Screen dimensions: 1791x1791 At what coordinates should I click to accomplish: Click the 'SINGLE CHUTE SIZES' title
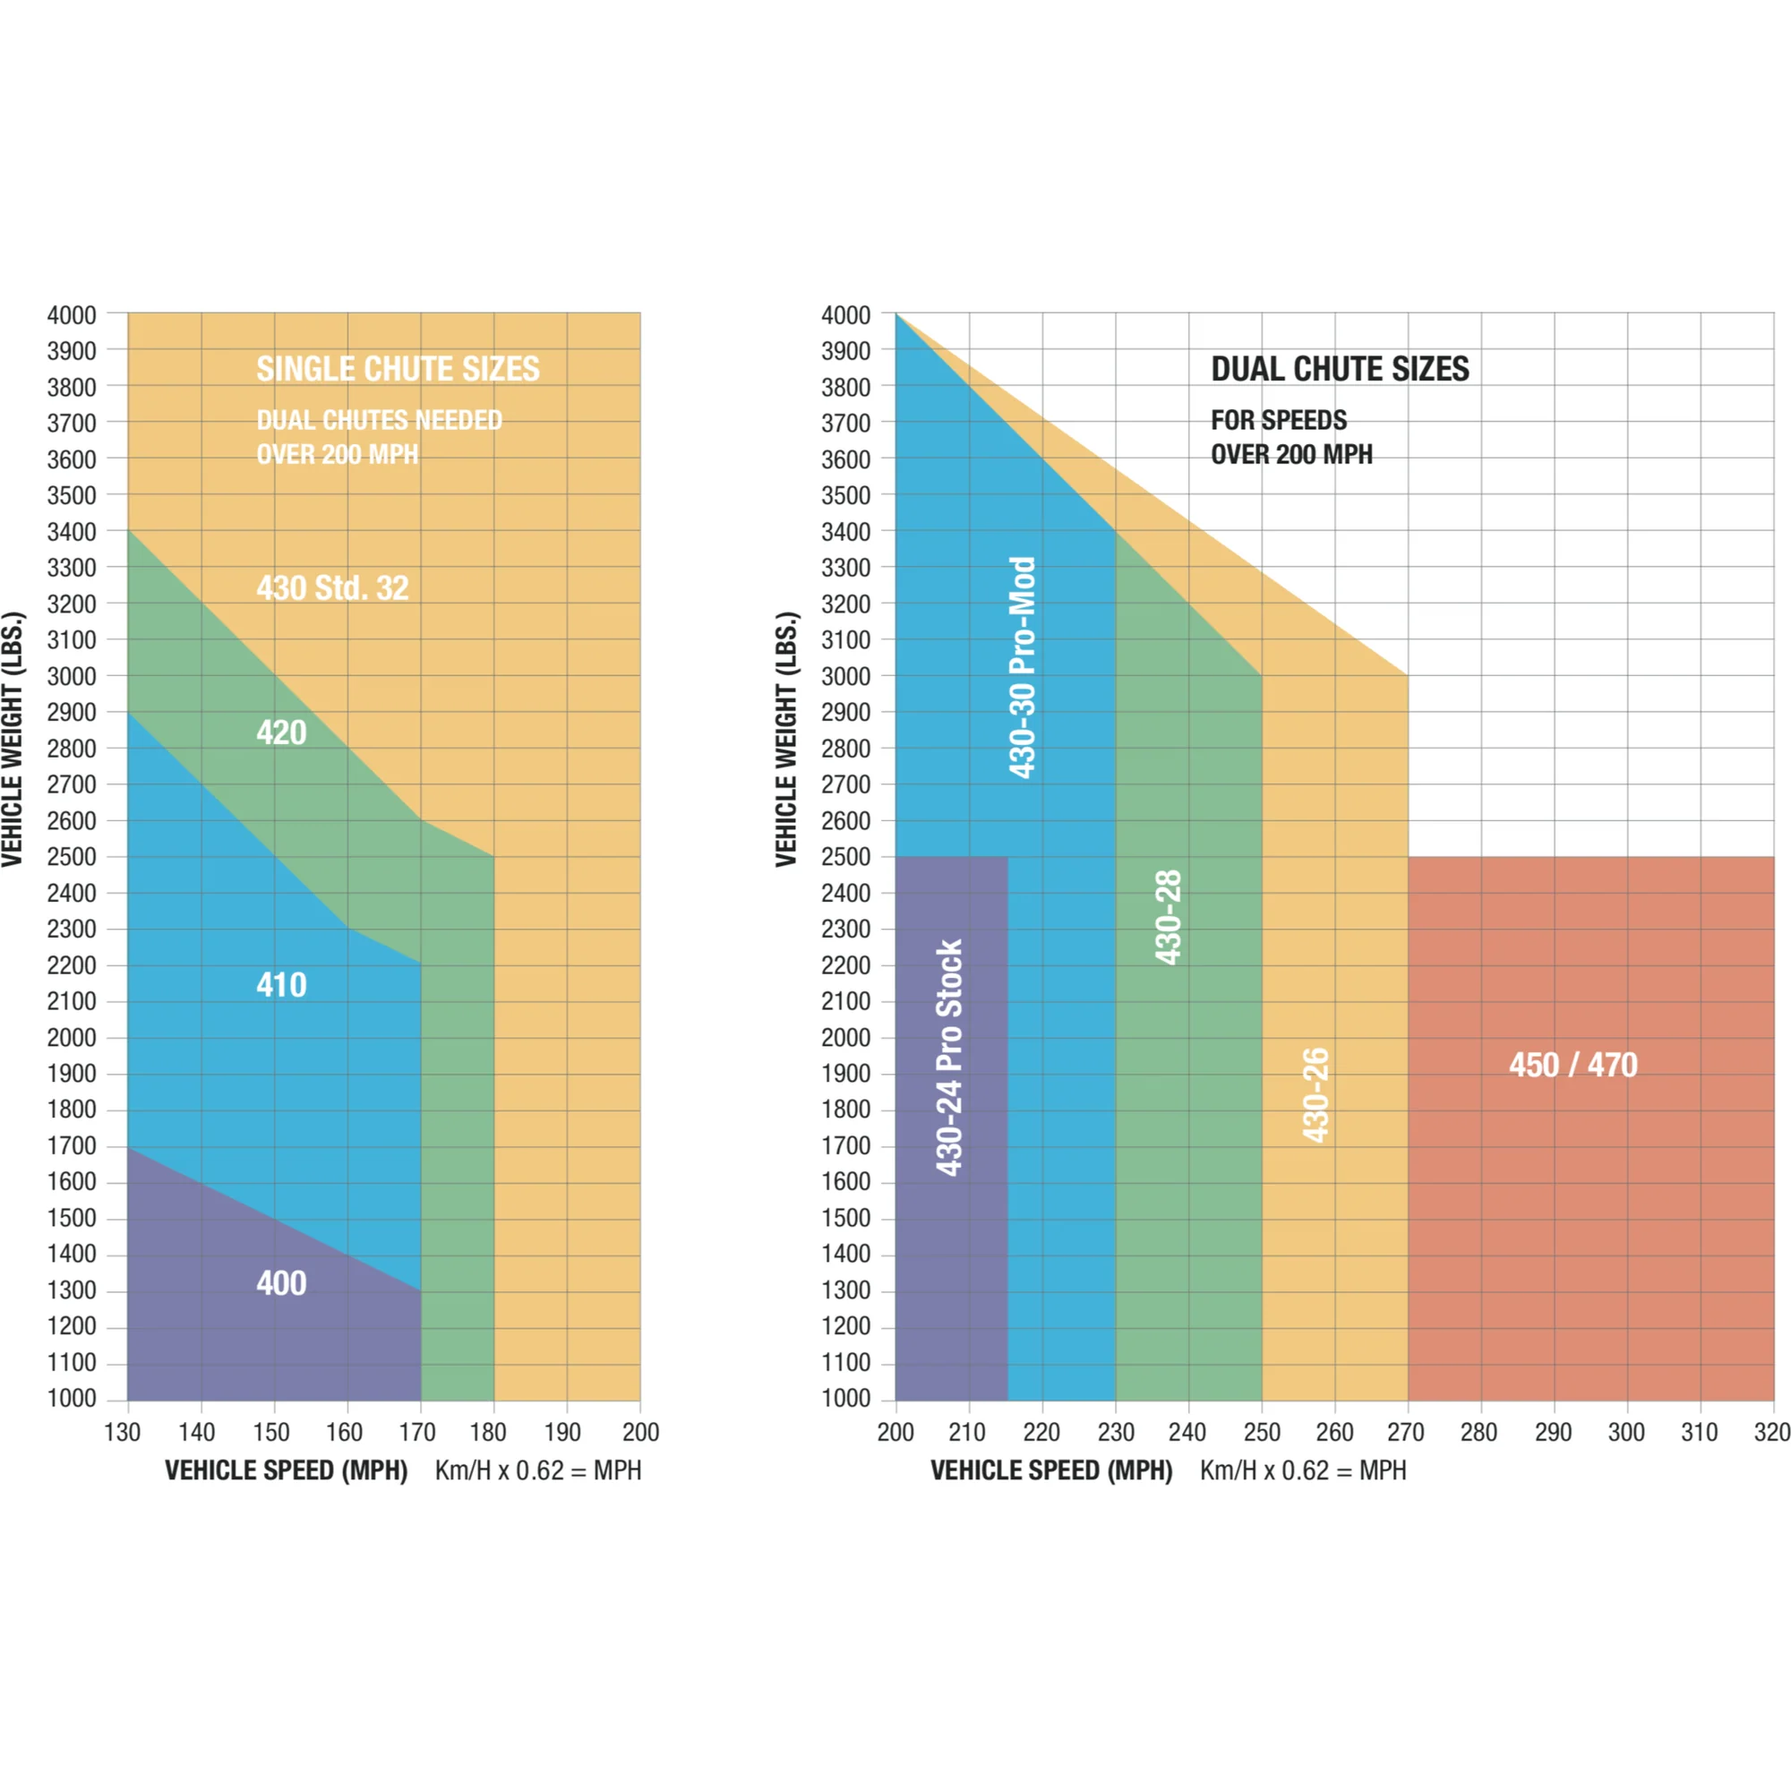(398, 369)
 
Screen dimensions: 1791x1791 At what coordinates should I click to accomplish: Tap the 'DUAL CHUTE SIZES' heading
(1340, 369)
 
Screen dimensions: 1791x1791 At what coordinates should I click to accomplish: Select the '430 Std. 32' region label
(332, 587)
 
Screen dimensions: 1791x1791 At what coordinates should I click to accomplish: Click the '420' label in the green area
(281, 733)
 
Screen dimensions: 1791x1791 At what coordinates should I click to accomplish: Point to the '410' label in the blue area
(281, 984)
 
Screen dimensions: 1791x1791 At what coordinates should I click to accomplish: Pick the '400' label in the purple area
(281, 1283)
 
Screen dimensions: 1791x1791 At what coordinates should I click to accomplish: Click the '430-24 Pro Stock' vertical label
(949, 1058)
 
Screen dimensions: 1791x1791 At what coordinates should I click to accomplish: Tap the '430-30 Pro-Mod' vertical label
(1022, 667)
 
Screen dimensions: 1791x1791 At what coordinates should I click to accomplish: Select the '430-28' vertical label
(1168, 917)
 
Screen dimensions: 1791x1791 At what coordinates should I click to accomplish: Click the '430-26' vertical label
(1315, 1095)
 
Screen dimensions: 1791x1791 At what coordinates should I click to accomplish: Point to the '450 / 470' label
(1573, 1064)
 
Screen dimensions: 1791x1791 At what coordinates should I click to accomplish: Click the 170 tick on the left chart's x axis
(417, 1432)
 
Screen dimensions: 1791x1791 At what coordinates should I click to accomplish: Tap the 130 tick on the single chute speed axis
(123, 1432)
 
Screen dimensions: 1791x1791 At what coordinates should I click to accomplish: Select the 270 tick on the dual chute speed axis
(1406, 1432)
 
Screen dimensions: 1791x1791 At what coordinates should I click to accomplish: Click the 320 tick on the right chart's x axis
(1771, 1432)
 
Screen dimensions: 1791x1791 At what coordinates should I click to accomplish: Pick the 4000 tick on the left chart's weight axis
(72, 315)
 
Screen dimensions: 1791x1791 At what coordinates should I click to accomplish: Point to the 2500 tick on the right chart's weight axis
(845, 857)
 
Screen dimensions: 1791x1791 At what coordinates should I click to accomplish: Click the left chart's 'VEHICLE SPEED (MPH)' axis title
(287, 1471)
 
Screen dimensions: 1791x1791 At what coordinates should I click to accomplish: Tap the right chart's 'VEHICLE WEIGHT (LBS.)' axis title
(786, 739)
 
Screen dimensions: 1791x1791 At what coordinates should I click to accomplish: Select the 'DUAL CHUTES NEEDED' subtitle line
(379, 420)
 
